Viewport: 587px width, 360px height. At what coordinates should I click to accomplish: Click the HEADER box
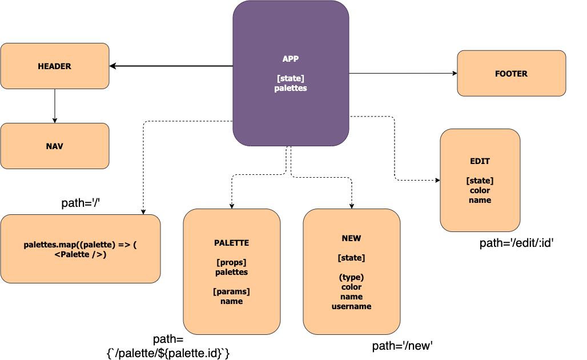click(55, 66)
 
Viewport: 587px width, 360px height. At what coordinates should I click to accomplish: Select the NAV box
click(55, 146)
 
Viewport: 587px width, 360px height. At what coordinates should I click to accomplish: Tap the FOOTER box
click(511, 74)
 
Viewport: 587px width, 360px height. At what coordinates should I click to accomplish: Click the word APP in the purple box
click(291, 59)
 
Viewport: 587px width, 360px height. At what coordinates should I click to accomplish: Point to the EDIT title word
click(480, 161)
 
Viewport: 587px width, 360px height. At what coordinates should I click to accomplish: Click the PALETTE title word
click(231, 243)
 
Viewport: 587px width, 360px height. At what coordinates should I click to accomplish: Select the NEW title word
click(351, 238)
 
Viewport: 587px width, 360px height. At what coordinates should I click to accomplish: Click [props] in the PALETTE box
click(231, 262)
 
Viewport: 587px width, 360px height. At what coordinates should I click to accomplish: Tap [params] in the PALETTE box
click(231, 291)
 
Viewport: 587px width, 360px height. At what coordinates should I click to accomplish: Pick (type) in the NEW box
click(351, 277)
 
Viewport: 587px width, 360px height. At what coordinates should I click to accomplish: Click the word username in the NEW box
click(351, 306)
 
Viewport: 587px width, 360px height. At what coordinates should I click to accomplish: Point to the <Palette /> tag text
click(81, 254)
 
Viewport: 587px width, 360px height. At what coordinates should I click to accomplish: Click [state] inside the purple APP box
click(291, 78)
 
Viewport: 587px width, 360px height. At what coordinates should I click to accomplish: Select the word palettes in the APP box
click(291, 88)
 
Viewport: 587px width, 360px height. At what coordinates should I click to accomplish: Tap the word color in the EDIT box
click(480, 190)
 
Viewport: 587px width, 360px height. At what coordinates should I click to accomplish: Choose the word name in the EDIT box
click(480, 200)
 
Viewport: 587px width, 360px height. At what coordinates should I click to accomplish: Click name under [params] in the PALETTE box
click(231, 301)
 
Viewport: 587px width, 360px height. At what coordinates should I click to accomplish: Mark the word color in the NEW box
click(351, 287)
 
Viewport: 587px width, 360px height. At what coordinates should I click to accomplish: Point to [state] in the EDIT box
click(480, 181)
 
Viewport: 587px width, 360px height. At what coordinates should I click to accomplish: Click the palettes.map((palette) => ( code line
click(81, 245)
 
